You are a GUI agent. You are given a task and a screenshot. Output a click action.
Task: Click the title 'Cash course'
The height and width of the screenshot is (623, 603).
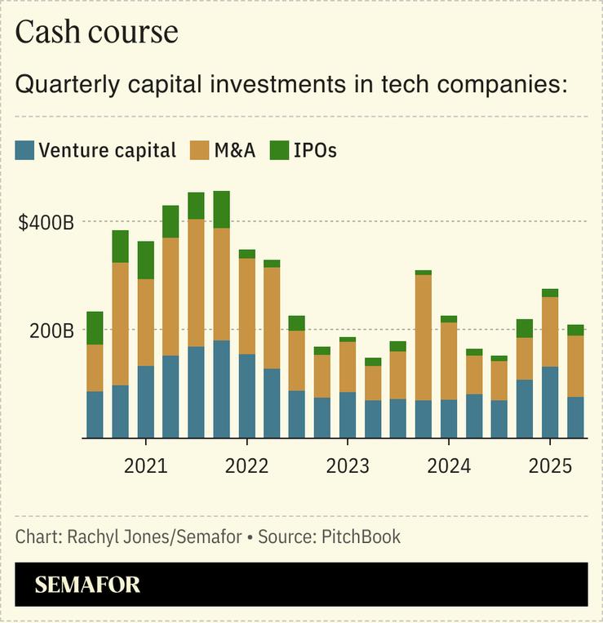(x=96, y=32)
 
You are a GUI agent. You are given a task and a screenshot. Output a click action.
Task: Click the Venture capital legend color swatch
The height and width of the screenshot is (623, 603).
(x=25, y=150)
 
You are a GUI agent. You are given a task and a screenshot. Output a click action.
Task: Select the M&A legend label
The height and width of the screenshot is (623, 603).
(x=235, y=150)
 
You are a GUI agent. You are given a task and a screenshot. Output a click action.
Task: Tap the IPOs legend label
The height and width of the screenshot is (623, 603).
(x=315, y=150)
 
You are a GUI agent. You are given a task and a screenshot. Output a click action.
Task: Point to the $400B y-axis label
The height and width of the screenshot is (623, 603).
(x=46, y=222)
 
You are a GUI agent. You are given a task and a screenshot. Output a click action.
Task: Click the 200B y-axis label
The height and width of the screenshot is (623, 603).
(x=52, y=331)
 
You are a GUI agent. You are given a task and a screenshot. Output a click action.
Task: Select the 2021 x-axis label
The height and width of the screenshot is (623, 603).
(x=145, y=466)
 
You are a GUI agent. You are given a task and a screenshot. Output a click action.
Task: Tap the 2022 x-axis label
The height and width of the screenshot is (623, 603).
(x=246, y=466)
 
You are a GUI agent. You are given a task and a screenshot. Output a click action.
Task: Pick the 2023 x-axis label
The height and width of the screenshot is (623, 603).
(x=347, y=466)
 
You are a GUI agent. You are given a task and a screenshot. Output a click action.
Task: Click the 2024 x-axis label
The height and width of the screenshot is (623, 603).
(x=448, y=466)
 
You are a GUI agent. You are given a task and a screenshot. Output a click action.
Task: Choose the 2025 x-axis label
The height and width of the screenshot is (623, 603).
(x=549, y=466)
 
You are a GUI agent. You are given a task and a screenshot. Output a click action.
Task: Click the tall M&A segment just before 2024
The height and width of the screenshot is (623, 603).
(x=423, y=337)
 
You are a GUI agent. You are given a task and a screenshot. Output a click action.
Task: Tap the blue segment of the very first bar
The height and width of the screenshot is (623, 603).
(x=95, y=415)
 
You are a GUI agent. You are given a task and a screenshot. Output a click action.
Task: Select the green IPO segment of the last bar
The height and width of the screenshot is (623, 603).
(x=575, y=330)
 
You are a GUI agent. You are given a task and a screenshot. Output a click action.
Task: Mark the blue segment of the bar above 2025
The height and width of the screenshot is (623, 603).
(x=550, y=402)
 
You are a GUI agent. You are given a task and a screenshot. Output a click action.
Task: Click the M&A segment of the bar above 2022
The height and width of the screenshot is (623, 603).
(x=246, y=306)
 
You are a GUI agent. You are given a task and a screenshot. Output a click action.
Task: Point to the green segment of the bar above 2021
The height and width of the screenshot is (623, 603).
(x=145, y=260)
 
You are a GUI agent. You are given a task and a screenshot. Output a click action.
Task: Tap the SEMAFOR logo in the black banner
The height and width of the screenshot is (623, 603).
(x=87, y=585)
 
